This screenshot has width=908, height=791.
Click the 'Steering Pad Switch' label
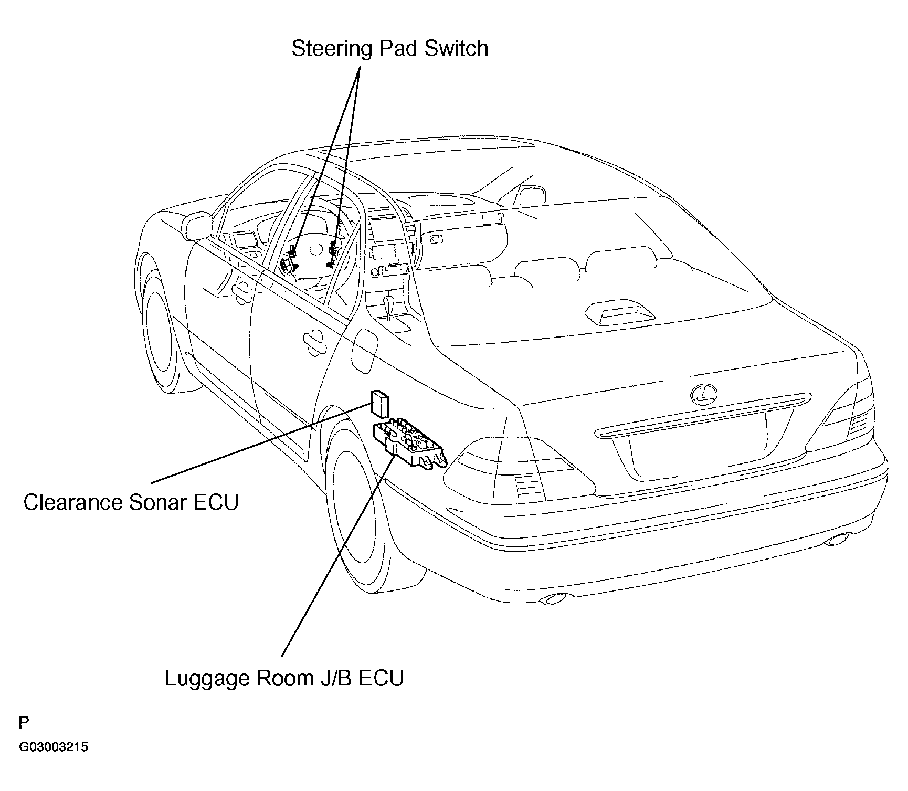point(390,48)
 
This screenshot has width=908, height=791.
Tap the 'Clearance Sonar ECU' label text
point(131,502)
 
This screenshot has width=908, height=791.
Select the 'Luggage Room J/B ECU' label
point(284,679)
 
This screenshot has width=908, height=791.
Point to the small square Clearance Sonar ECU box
point(380,403)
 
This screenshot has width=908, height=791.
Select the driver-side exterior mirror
point(197,225)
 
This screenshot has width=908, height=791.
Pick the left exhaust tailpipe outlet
point(557,598)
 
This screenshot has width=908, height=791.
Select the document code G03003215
point(54,747)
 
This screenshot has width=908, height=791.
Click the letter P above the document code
point(24,723)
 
